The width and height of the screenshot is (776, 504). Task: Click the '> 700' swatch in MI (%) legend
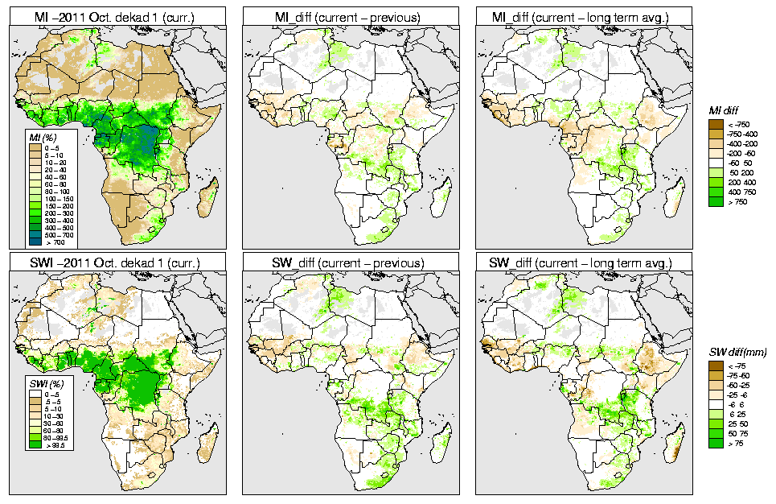pos(36,242)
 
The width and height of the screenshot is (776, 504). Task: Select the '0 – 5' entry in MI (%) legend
pos(36,148)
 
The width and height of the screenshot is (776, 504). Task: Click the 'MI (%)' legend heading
pos(36,138)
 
